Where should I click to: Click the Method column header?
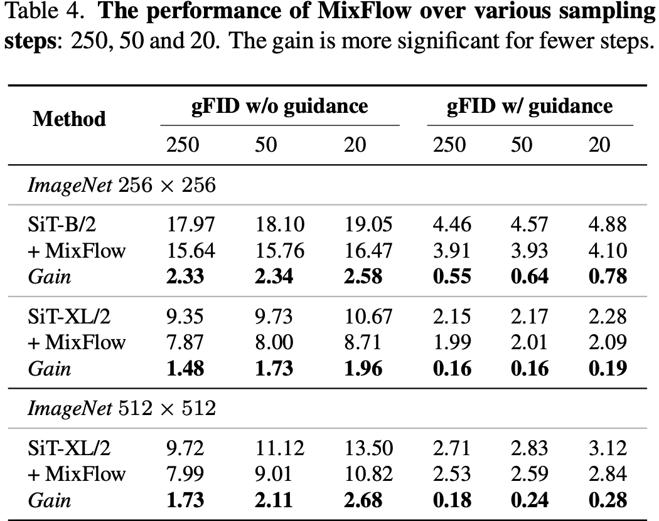(69, 118)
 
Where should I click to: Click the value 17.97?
(190, 224)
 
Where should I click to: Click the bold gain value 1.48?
(185, 368)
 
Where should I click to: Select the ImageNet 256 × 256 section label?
(122, 185)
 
